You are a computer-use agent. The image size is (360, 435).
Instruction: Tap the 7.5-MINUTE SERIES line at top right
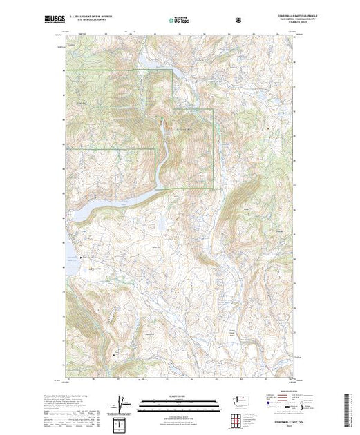[x=279, y=23]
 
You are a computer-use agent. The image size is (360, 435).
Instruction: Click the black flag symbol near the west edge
[x=81, y=258]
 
